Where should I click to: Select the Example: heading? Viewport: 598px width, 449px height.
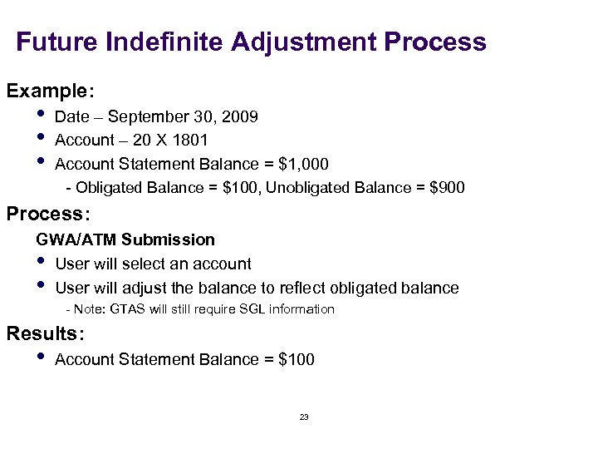(47, 89)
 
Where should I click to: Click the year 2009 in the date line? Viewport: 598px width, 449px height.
(241, 117)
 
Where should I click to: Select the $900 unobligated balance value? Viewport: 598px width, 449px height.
(448, 188)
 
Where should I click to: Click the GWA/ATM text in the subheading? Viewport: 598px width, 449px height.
(76, 240)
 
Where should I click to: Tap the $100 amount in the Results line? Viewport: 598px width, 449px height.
(297, 359)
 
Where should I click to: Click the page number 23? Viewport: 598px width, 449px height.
(303, 417)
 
